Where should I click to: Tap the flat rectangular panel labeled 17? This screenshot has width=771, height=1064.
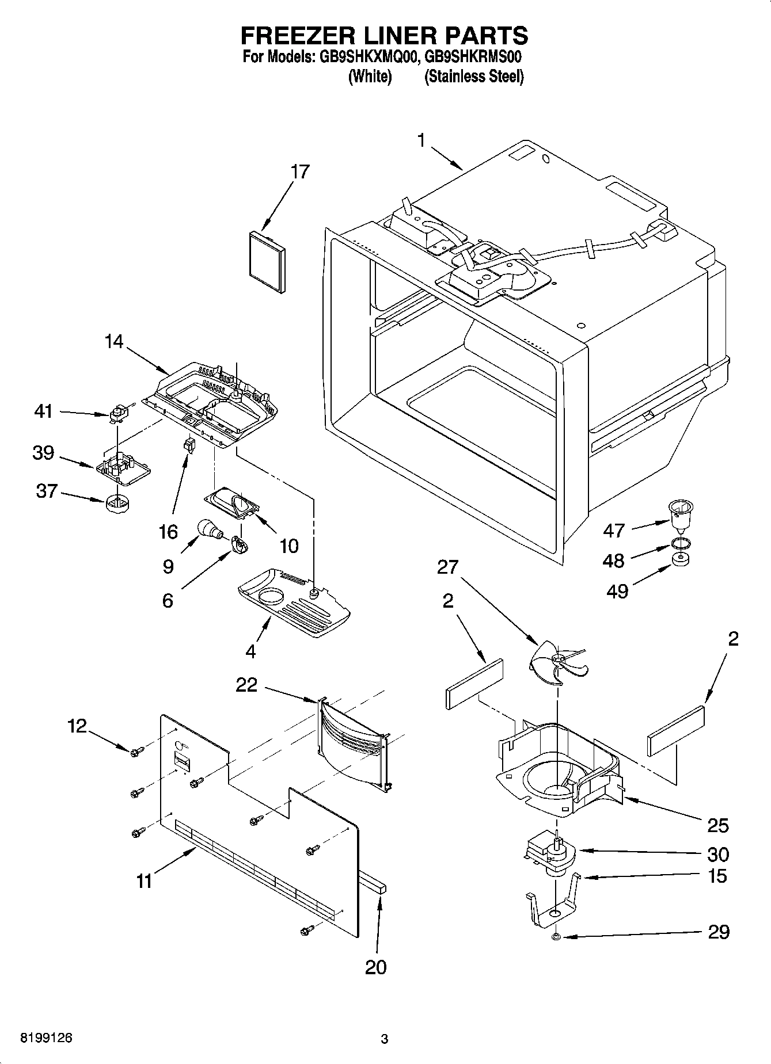point(267,262)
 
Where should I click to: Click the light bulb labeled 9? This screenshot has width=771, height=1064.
point(208,529)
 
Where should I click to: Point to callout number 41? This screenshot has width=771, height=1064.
point(43,411)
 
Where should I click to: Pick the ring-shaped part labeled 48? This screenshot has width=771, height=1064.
point(680,543)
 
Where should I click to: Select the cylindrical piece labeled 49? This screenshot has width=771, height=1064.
point(681,559)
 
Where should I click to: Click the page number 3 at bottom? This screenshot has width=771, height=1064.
point(385,1039)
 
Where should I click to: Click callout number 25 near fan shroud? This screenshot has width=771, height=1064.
point(718,825)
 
